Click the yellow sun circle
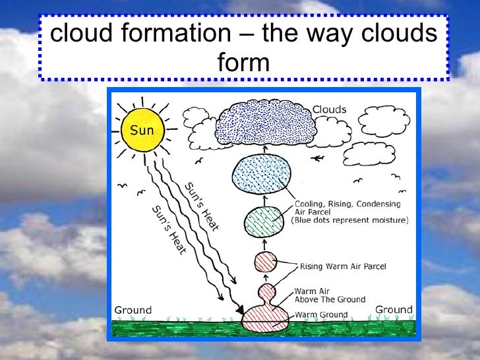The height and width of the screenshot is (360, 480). pos(142,129)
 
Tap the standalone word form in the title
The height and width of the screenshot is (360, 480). pos(243,63)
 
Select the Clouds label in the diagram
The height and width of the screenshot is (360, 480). pos(329,109)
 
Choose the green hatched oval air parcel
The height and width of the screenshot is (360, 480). pos(264,222)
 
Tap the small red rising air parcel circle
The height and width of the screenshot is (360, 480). pos(266,262)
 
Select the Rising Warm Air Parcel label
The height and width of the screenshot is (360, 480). pos(343,266)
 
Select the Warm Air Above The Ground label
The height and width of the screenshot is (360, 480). pos(329,295)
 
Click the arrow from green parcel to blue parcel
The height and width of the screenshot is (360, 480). pos(264,200)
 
